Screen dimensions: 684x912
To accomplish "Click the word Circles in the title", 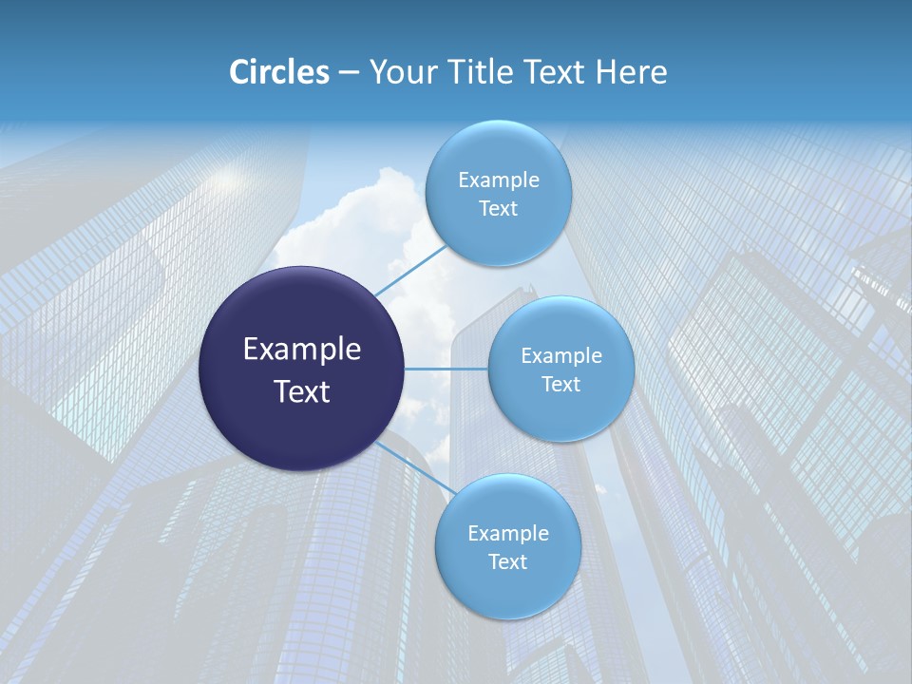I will (278, 72).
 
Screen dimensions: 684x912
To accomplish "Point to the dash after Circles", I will (349, 73).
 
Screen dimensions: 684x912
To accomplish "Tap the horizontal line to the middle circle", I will (446, 369).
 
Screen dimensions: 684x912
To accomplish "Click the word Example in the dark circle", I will (302, 350).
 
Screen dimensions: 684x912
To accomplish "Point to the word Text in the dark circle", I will (302, 391).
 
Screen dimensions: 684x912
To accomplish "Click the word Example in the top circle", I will (499, 180).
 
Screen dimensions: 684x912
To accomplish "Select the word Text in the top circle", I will (499, 209).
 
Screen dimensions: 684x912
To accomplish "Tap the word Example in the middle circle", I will (561, 356).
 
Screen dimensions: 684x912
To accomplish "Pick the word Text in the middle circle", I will (561, 385).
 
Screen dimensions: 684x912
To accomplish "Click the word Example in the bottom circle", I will (508, 534).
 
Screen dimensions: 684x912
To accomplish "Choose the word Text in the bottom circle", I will (508, 562).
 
